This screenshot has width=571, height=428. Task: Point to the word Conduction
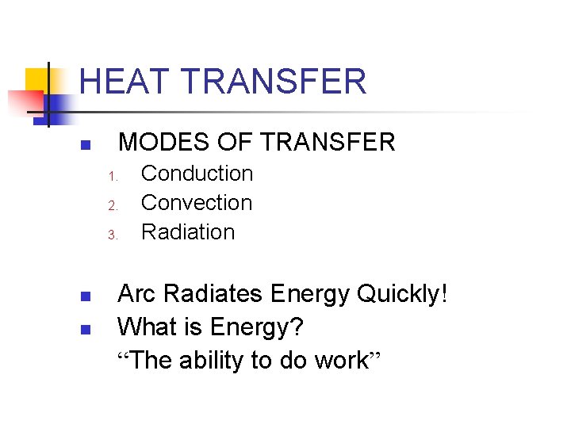click(x=197, y=174)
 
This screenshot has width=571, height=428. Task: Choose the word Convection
click(x=197, y=203)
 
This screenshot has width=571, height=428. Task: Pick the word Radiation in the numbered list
click(x=188, y=232)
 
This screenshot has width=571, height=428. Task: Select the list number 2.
click(x=113, y=205)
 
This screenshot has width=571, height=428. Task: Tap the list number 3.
click(x=113, y=235)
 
